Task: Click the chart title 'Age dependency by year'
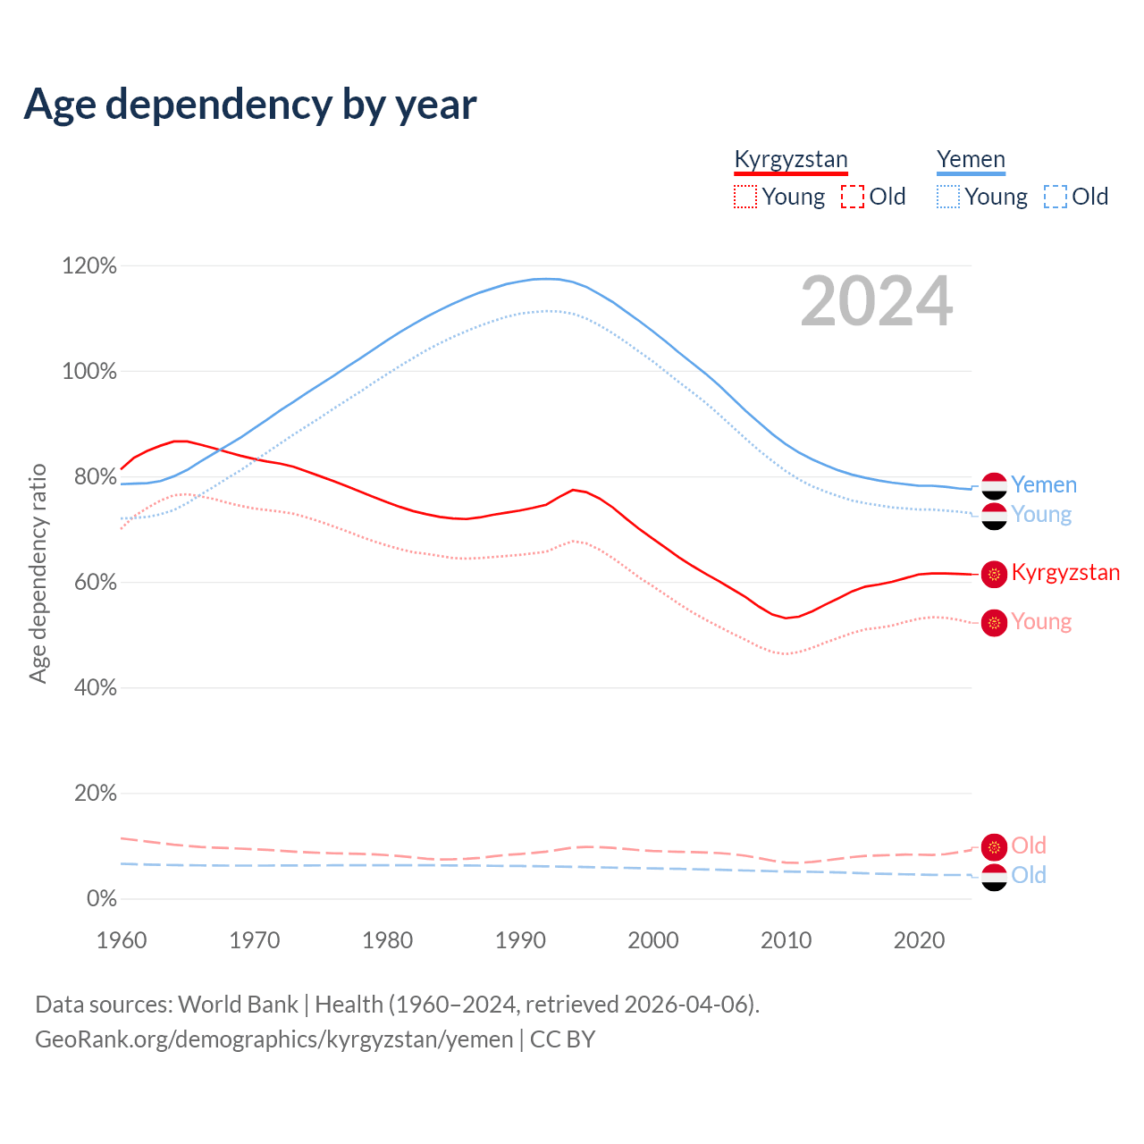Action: point(250,105)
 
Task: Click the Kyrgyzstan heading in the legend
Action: point(790,159)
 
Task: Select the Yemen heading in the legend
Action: point(971,159)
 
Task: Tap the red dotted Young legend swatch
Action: point(744,197)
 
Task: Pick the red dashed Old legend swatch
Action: point(853,197)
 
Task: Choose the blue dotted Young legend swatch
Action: point(948,197)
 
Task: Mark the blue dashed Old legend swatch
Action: point(1056,197)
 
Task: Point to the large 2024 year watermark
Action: point(876,301)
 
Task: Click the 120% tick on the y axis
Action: point(89,266)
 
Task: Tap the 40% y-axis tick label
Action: point(89,688)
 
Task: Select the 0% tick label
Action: point(101,899)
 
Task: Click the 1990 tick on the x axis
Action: point(520,940)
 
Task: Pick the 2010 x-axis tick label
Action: point(786,940)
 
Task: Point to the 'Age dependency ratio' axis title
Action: point(38,573)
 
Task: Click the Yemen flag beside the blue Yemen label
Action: point(994,485)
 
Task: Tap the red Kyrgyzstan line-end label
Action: point(1065,573)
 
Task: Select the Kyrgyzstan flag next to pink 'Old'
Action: point(994,846)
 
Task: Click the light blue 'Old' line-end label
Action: point(1029,875)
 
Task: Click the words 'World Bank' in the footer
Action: point(238,1005)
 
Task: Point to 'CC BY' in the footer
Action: point(562,1039)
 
